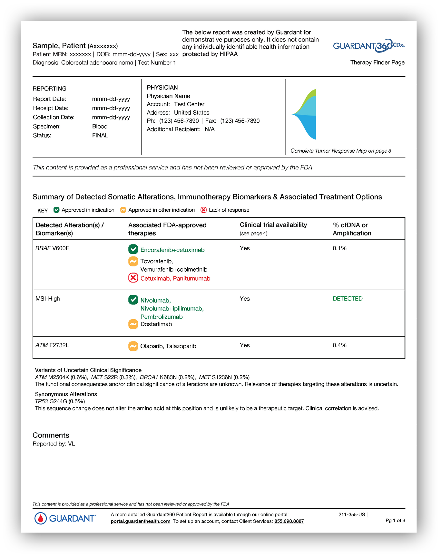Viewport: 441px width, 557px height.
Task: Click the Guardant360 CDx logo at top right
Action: [368, 46]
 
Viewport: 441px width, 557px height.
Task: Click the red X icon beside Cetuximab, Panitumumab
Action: [133, 278]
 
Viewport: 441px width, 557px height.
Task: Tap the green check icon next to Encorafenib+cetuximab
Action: [133, 249]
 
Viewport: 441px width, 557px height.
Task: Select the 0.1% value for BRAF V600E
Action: [339, 248]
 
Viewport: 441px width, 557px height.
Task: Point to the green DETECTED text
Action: [348, 299]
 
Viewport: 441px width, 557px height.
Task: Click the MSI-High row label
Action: [48, 299]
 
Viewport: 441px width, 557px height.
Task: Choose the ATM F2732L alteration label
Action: [52, 345]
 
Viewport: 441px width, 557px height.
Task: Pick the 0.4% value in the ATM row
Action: [339, 345]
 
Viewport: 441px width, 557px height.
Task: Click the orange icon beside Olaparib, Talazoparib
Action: [133, 346]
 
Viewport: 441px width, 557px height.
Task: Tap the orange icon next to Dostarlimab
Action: [133, 324]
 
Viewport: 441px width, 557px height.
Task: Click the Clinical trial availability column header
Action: [273, 225]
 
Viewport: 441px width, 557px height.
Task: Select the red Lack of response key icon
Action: [203, 210]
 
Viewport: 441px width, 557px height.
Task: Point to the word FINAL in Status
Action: [100, 136]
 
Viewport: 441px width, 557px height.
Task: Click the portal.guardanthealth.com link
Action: [140, 521]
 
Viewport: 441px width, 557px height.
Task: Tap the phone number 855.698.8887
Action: [289, 521]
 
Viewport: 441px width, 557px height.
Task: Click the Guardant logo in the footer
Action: [65, 518]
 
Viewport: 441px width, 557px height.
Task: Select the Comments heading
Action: [51, 435]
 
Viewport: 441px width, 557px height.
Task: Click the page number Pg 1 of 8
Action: [395, 520]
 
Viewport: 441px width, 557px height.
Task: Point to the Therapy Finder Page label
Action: [377, 62]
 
